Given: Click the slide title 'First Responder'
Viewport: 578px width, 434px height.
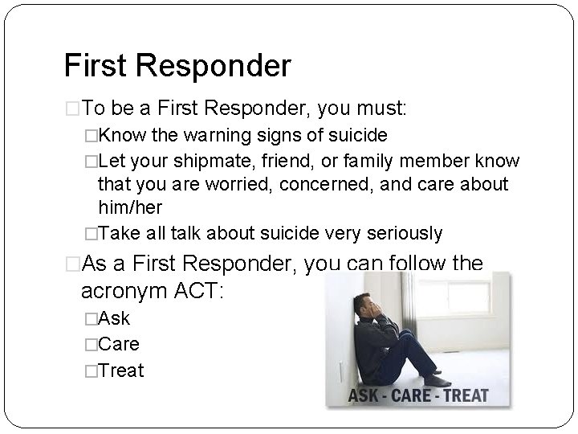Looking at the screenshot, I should pos(177,66).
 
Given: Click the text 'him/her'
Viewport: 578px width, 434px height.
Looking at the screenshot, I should pos(130,207).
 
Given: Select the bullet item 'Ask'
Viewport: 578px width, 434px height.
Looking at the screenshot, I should pos(113,317).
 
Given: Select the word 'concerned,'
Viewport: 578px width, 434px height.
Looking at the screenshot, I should pos(312,184).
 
